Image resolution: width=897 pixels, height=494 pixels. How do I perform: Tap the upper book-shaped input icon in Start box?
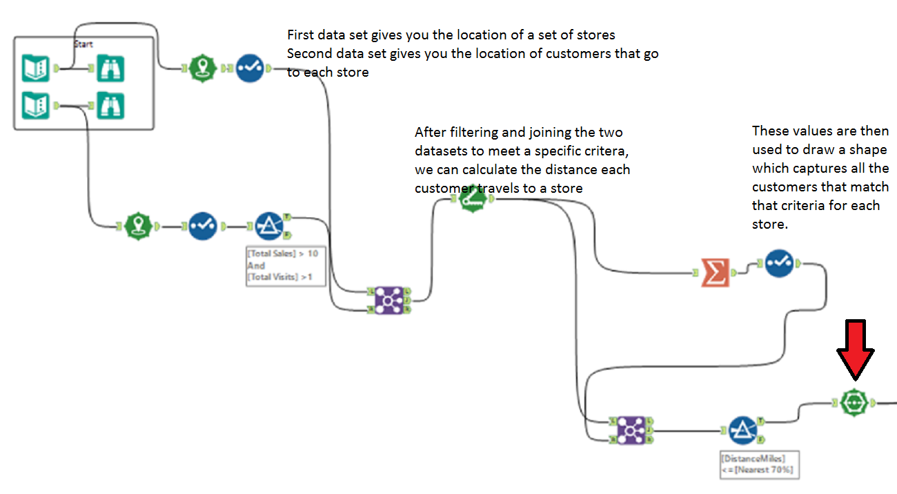[36, 68]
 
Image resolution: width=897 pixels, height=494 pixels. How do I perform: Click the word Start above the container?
[83, 44]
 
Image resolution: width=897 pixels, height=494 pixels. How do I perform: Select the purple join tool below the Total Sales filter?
[388, 300]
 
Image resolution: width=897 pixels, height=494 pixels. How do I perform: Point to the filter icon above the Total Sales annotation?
[269, 225]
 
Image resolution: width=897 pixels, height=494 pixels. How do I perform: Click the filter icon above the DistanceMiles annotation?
[742, 430]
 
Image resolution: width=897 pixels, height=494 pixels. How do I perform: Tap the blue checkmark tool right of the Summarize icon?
[779, 263]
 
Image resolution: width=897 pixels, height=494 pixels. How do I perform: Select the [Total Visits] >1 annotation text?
[279, 277]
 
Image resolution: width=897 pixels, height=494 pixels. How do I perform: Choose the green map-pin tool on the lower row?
[139, 225]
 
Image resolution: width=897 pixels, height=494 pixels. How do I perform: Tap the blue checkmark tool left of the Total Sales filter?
[203, 225]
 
